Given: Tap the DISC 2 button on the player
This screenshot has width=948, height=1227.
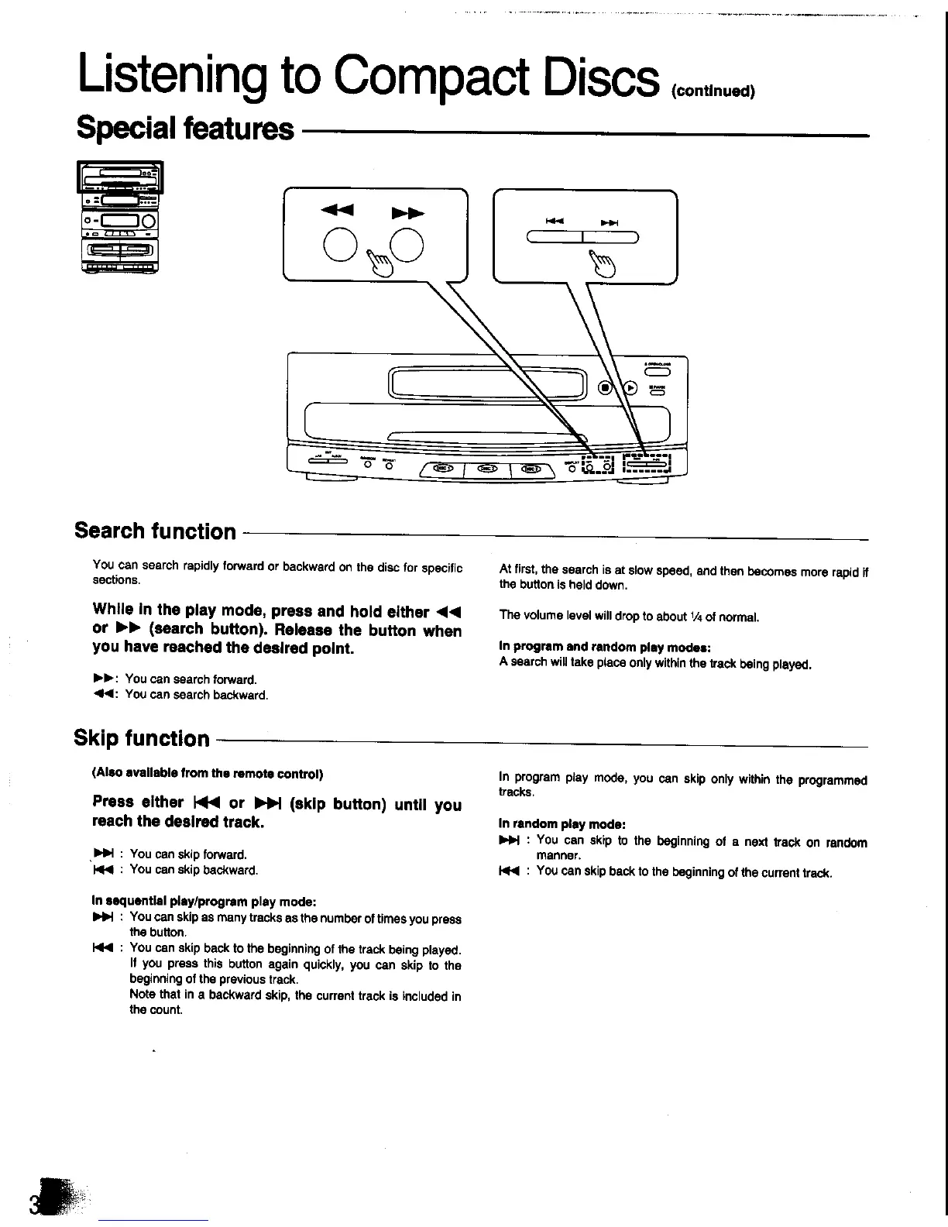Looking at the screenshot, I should point(486,468).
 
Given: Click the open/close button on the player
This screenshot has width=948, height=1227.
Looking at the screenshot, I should point(658,371).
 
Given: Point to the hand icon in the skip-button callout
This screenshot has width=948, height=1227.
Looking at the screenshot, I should point(600,263).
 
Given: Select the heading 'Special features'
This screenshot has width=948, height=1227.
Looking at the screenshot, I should point(185,128).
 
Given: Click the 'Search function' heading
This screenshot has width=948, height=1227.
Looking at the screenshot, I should point(155,531).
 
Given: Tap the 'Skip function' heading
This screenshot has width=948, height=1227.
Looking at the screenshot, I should point(142,738).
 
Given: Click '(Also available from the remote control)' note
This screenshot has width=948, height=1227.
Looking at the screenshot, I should point(207,774).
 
